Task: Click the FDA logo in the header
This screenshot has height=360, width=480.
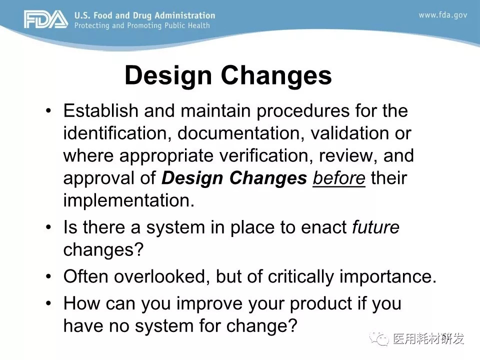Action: click(46, 19)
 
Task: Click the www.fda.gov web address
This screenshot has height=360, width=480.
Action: click(442, 15)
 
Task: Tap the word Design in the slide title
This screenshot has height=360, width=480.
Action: click(168, 75)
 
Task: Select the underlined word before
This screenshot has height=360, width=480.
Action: click(339, 178)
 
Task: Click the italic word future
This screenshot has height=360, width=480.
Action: click(375, 227)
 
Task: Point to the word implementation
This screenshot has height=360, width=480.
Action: click(128, 201)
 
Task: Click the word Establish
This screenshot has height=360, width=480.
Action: click(100, 110)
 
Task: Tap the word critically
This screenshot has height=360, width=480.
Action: click(300, 277)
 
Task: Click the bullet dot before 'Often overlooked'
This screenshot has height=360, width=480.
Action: click(48, 276)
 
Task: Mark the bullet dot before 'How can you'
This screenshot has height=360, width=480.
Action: click(48, 303)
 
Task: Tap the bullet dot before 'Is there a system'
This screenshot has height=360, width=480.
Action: click(48, 227)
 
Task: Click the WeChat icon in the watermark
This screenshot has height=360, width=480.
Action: click(379, 338)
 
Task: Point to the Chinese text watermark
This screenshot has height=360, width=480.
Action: click(428, 338)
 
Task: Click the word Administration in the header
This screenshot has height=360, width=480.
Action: click(185, 15)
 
